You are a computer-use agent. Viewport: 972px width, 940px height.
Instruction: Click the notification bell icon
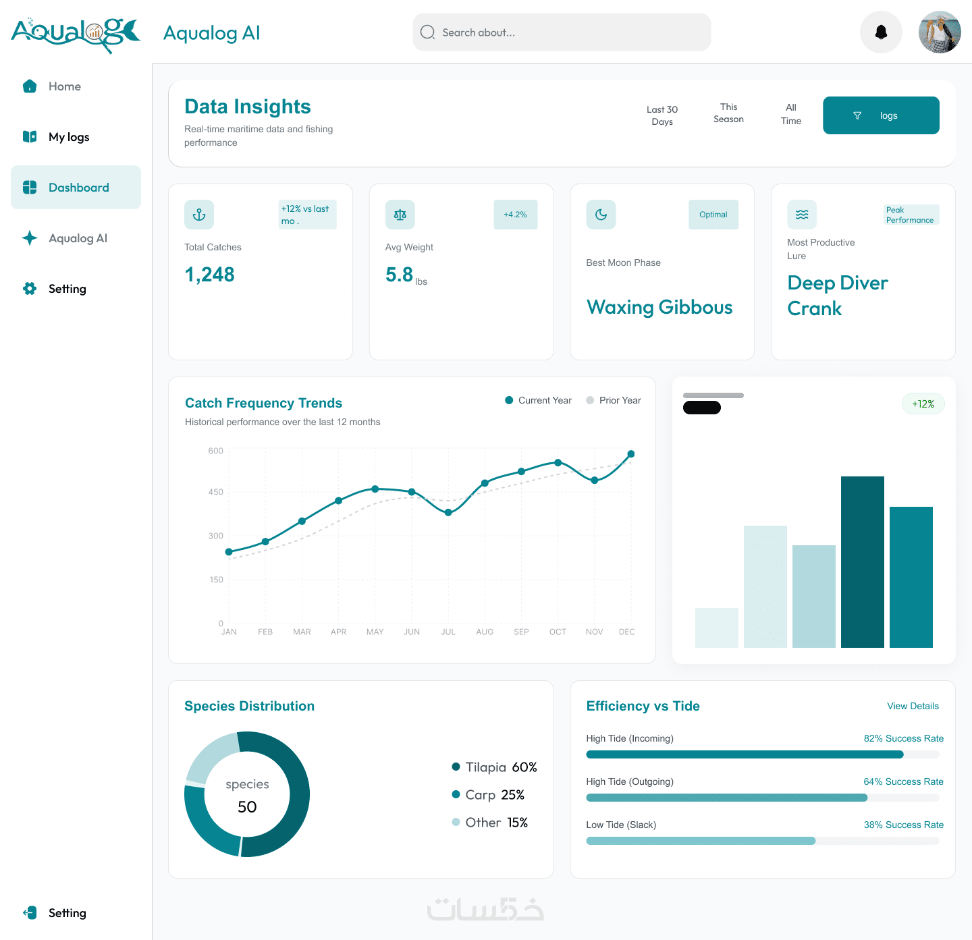coord(881,32)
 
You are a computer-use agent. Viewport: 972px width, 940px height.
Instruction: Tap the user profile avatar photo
coord(940,32)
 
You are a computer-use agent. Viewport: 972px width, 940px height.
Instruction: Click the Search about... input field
coord(562,32)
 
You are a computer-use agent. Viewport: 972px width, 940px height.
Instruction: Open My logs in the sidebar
coord(68,137)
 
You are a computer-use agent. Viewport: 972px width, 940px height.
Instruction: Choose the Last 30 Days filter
coord(662,115)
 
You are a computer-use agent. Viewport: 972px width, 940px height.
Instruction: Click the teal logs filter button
coord(881,115)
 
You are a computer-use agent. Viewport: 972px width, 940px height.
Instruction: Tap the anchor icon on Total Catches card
coord(199,215)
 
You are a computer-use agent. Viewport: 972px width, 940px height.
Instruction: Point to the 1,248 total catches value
coord(209,275)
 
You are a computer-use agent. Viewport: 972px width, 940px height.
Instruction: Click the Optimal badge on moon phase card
coord(713,215)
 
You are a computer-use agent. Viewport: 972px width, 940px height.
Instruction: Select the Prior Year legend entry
coord(614,400)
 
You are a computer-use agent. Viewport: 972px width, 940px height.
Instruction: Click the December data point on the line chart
coord(631,454)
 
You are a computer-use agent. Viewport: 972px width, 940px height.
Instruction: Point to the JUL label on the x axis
coord(448,632)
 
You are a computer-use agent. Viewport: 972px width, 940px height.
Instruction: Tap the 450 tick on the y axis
coord(215,492)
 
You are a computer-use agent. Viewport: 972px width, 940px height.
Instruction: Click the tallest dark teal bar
coord(863,561)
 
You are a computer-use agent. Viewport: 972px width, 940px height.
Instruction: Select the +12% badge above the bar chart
coord(923,404)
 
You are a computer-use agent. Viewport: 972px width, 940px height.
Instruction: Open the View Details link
coord(913,706)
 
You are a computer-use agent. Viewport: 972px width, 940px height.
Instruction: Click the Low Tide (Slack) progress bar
coord(763,841)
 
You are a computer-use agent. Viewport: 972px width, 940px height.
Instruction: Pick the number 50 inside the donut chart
coord(247,807)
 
